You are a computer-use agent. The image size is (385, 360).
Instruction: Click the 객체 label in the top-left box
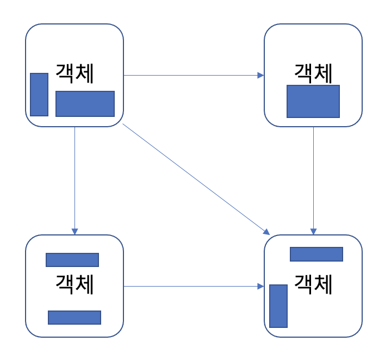tap(74, 73)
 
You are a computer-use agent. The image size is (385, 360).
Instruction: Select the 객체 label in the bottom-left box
tap(74, 283)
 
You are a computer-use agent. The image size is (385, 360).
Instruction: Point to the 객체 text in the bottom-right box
tap(313, 283)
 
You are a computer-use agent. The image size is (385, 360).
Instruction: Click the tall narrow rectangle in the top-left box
tap(39, 95)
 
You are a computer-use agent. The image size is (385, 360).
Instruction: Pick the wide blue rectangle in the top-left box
tap(85, 104)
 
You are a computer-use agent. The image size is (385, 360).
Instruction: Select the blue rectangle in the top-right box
tap(313, 101)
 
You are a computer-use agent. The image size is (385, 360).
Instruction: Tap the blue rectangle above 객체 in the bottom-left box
tap(72, 260)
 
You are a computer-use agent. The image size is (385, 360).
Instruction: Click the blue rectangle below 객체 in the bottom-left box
tap(74, 318)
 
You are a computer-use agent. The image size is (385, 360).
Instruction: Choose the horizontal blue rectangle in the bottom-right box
tap(316, 255)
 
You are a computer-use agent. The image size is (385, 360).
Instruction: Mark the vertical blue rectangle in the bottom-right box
tap(278, 306)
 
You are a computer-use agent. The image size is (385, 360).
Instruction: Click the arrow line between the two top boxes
tap(193, 76)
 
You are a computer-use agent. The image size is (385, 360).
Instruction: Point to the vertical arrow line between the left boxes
tap(74, 179)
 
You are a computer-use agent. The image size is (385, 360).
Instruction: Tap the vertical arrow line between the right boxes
tap(313, 179)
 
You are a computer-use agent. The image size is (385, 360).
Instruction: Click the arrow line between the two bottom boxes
tap(193, 286)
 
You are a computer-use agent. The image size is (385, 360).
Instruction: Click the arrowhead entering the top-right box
tap(261, 76)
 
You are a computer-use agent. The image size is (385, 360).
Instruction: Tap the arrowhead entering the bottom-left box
tap(74, 232)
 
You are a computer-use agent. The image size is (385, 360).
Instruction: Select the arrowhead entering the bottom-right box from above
tap(313, 232)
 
